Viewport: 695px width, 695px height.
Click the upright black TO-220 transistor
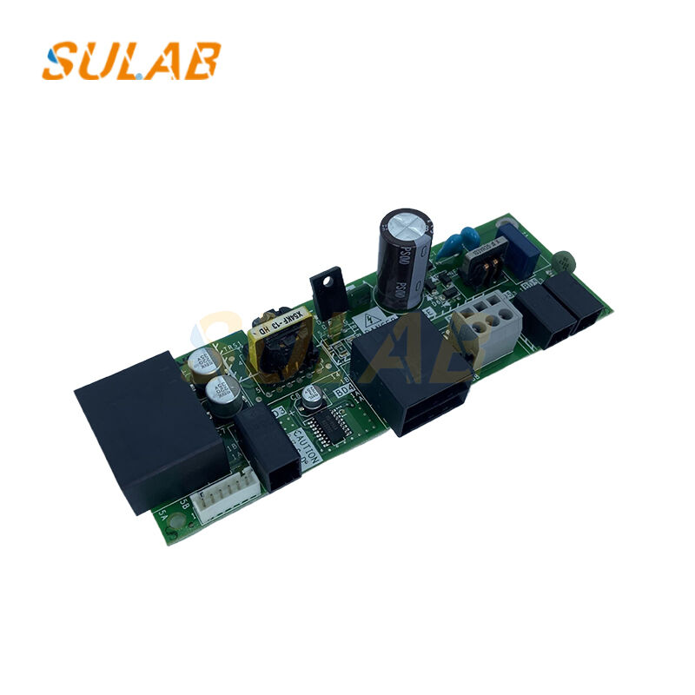pos(327,291)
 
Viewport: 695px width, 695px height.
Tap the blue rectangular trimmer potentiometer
pos(518,241)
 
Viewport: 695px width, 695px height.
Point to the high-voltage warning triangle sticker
pos(374,321)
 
